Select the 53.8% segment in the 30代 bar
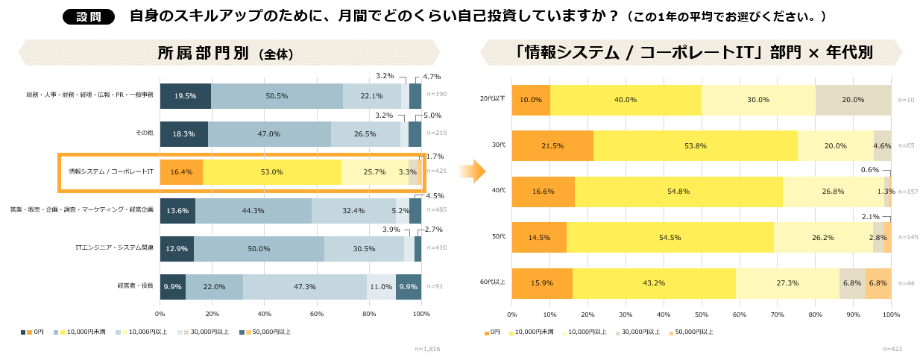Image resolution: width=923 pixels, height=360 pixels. (x=695, y=145)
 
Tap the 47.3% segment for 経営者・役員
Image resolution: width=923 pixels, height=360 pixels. (x=304, y=287)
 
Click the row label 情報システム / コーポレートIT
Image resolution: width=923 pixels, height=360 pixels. (x=111, y=172)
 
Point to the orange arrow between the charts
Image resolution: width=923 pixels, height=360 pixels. (x=471, y=171)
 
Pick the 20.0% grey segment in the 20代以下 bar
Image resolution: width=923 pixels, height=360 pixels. (x=853, y=100)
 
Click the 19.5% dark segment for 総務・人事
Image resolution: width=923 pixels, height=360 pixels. (x=186, y=96)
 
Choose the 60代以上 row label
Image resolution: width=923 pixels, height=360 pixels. (x=493, y=283)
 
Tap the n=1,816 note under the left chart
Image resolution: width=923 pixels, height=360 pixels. (x=427, y=348)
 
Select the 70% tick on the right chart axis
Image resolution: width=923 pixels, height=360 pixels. (x=778, y=315)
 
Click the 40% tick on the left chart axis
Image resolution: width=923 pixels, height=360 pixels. (x=265, y=315)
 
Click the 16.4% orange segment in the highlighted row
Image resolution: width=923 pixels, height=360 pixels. (x=181, y=172)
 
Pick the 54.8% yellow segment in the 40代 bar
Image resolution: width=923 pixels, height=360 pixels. (x=678, y=192)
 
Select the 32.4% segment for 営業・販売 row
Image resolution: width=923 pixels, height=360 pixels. (x=353, y=211)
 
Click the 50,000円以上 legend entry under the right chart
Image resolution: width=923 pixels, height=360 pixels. (x=691, y=332)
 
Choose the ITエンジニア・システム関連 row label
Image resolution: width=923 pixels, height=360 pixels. (x=115, y=248)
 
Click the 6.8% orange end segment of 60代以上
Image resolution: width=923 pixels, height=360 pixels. (x=878, y=283)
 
